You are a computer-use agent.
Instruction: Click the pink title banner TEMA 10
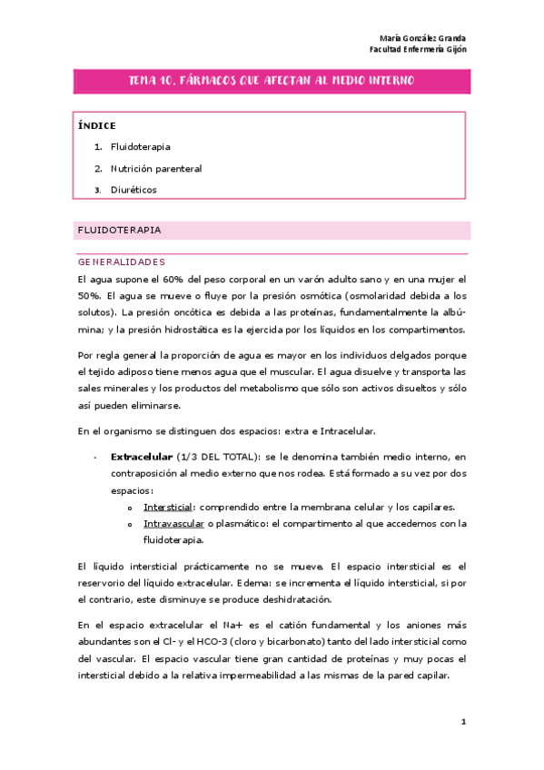click(272, 81)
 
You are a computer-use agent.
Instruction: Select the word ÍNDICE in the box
click(97, 125)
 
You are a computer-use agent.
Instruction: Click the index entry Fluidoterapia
click(141, 146)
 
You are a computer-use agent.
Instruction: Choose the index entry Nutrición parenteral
click(156, 168)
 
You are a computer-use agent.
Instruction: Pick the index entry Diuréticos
click(134, 190)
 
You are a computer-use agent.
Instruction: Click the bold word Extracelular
click(141, 457)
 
